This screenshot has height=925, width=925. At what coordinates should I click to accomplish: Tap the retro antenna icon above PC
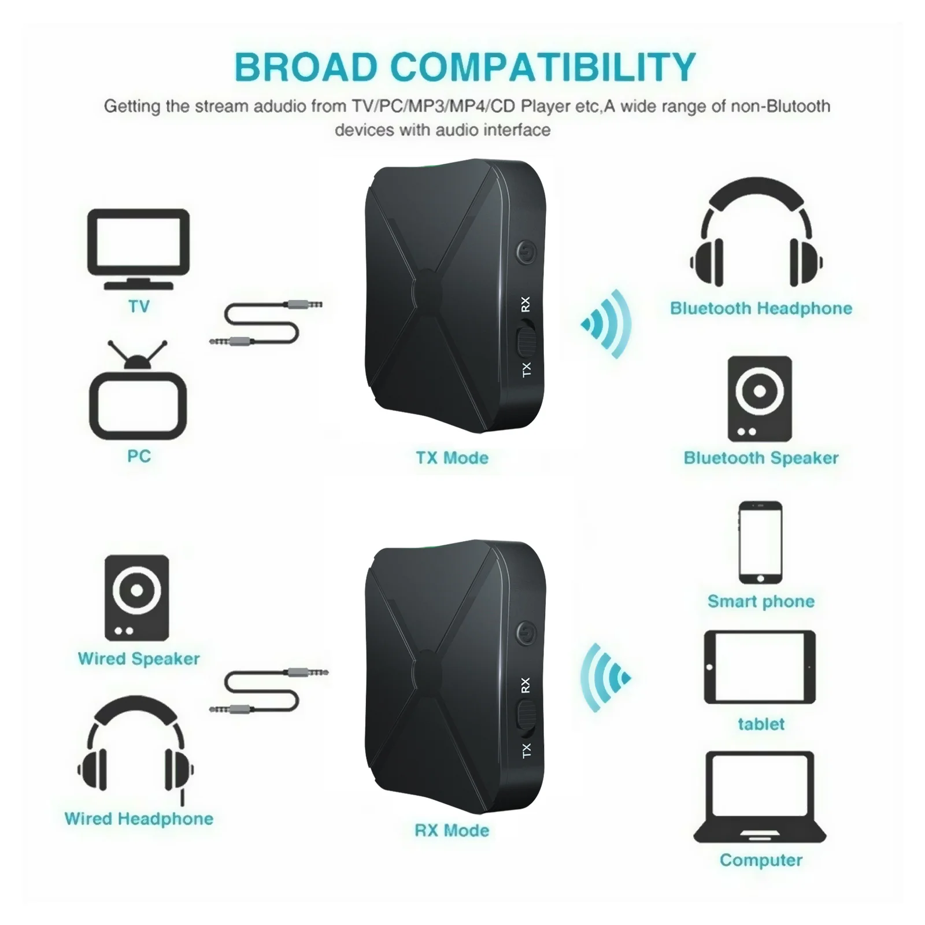[x=138, y=393]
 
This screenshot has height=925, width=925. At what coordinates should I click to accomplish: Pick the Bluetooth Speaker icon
[x=760, y=399]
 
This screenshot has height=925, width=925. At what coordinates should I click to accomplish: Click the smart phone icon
[x=760, y=542]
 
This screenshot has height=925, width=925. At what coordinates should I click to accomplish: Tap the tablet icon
[x=760, y=667]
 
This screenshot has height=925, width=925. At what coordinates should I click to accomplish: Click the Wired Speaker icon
[x=137, y=598]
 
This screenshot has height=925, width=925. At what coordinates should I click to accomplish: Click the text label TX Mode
[x=452, y=458]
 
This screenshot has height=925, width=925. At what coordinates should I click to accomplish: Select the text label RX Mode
[x=452, y=831]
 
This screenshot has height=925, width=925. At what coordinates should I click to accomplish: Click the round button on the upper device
[x=526, y=252]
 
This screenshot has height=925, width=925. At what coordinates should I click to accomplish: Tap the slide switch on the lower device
[x=526, y=715]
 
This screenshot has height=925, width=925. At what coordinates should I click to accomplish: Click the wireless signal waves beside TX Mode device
[x=606, y=323]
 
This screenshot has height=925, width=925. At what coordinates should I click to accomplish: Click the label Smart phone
[x=761, y=601]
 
